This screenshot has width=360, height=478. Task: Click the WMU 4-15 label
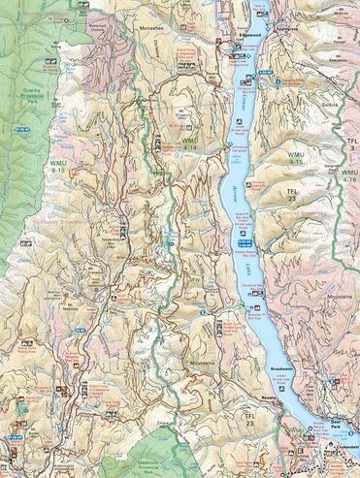click(295, 157)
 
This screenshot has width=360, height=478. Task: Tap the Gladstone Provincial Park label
click(176, 464)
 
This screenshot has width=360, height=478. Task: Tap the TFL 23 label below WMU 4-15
click(293, 198)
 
